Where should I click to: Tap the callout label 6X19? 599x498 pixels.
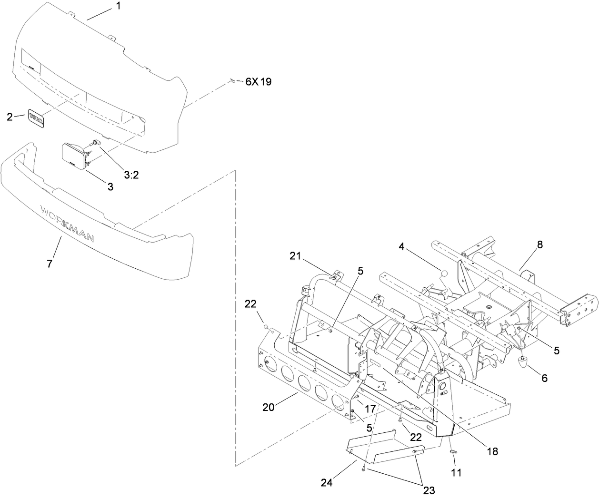click(x=258, y=82)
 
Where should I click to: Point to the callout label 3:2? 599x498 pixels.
click(x=131, y=175)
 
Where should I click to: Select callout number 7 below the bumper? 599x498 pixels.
click(x=50, y=263)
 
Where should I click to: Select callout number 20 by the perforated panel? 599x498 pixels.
click(x=269, y=407)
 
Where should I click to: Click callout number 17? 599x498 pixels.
click(x=370, y=408)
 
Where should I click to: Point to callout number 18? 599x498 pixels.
click(x=492, y=451)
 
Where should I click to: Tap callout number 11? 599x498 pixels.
click(x=456, y=473)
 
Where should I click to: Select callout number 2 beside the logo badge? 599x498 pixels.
click(x=10, y=117)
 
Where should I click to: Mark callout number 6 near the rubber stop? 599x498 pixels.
click(x=544, y=379)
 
